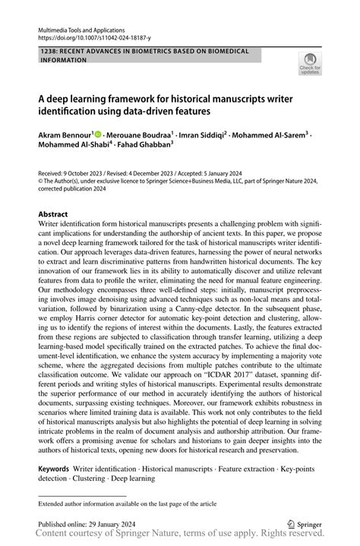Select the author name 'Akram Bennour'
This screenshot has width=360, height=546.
64,131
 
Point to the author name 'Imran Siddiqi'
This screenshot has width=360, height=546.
201,131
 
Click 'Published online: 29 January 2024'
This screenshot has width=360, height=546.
87,524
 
